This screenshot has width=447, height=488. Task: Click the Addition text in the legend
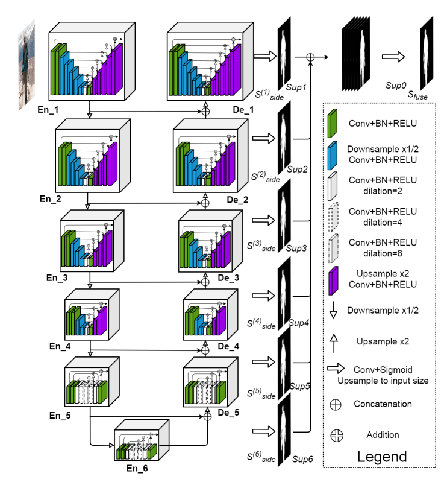(x=383, y=434)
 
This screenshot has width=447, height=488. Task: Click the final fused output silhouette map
(x=427, y=51)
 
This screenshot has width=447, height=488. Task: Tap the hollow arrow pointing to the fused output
(x=392, y=56)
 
